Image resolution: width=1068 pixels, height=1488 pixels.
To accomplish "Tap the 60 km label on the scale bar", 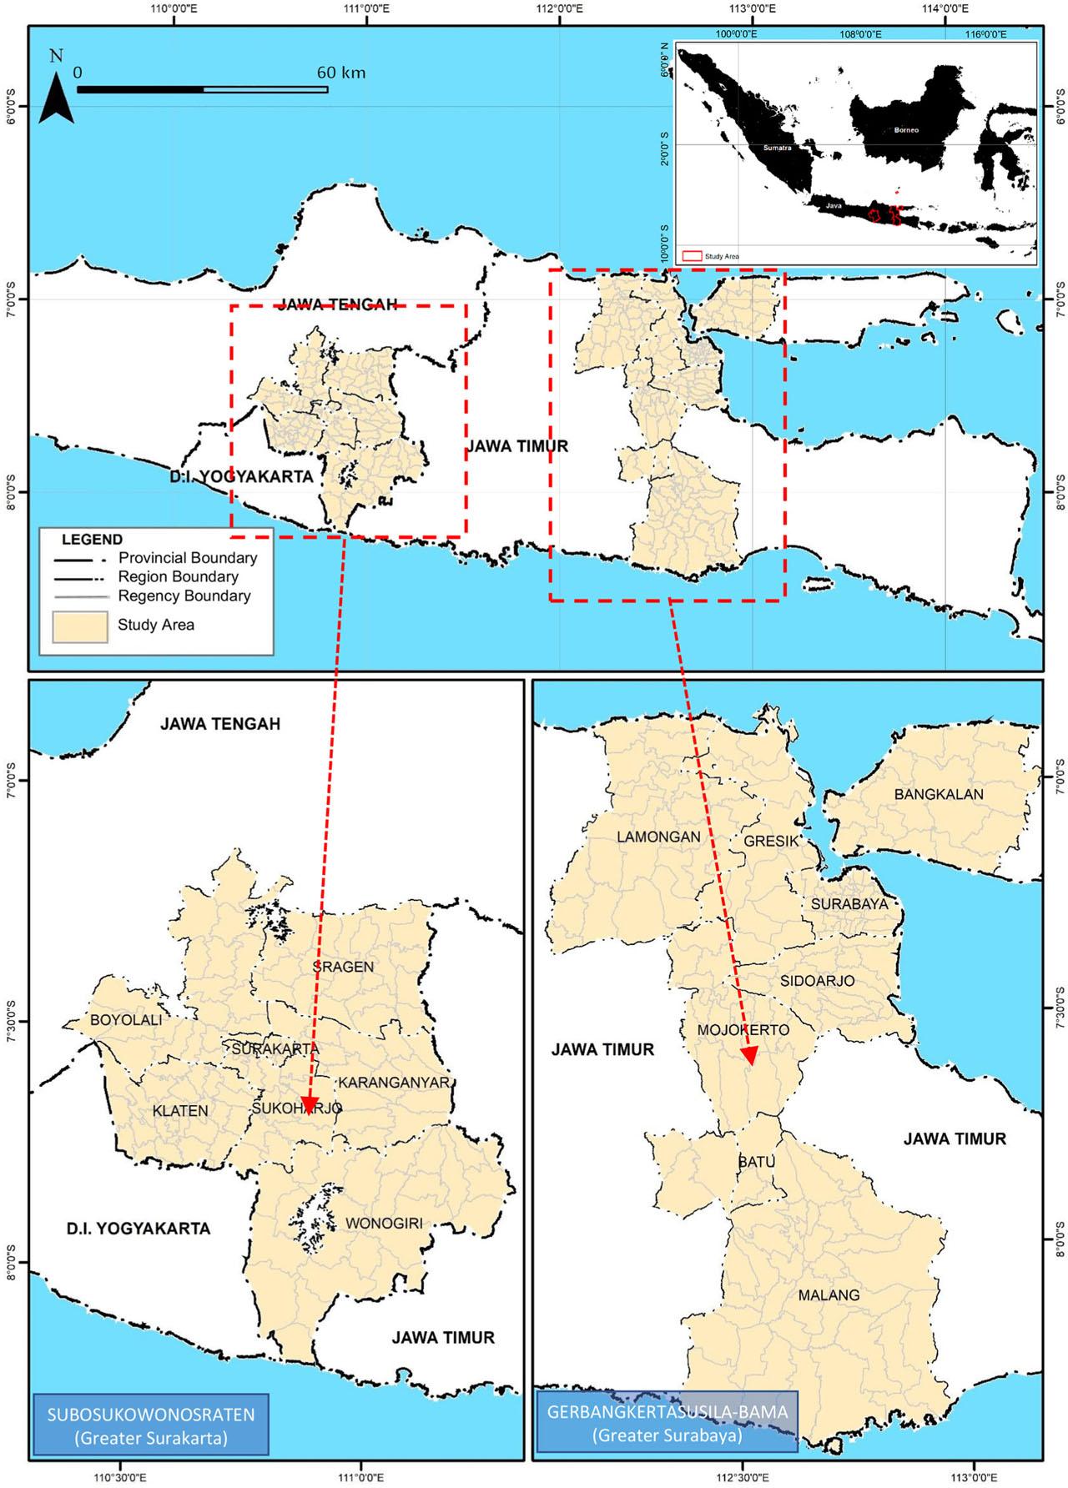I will [341, 73].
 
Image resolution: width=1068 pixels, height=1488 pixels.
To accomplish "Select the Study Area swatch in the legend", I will [80, 626].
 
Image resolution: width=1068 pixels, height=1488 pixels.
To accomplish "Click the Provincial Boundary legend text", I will [187, 558].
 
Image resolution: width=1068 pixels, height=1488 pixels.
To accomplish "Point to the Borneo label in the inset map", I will [906, 130].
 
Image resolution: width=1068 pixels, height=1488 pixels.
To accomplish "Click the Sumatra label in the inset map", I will [775, 148].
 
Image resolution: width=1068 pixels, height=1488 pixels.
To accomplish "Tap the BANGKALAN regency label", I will [939, 794].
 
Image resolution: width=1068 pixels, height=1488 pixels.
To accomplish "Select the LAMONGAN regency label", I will [658, 837].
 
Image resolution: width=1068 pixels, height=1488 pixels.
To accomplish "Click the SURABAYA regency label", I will [849, 904].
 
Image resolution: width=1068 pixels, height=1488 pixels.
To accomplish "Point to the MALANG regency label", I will [829, 1295].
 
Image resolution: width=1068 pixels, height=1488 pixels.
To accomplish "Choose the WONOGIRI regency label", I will [384, 1224].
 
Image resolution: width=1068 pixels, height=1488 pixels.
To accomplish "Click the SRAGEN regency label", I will [343, 967].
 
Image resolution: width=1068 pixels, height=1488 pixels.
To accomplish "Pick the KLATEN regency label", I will [180, 1111].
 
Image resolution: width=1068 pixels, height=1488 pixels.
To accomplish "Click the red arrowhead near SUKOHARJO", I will [309, 1106].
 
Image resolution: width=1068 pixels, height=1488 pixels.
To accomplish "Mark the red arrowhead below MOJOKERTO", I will [749, 1057].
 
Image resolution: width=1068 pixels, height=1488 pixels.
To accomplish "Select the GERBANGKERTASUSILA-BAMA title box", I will [667, 1421].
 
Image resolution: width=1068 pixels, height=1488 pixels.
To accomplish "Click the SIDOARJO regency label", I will [817, 981].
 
